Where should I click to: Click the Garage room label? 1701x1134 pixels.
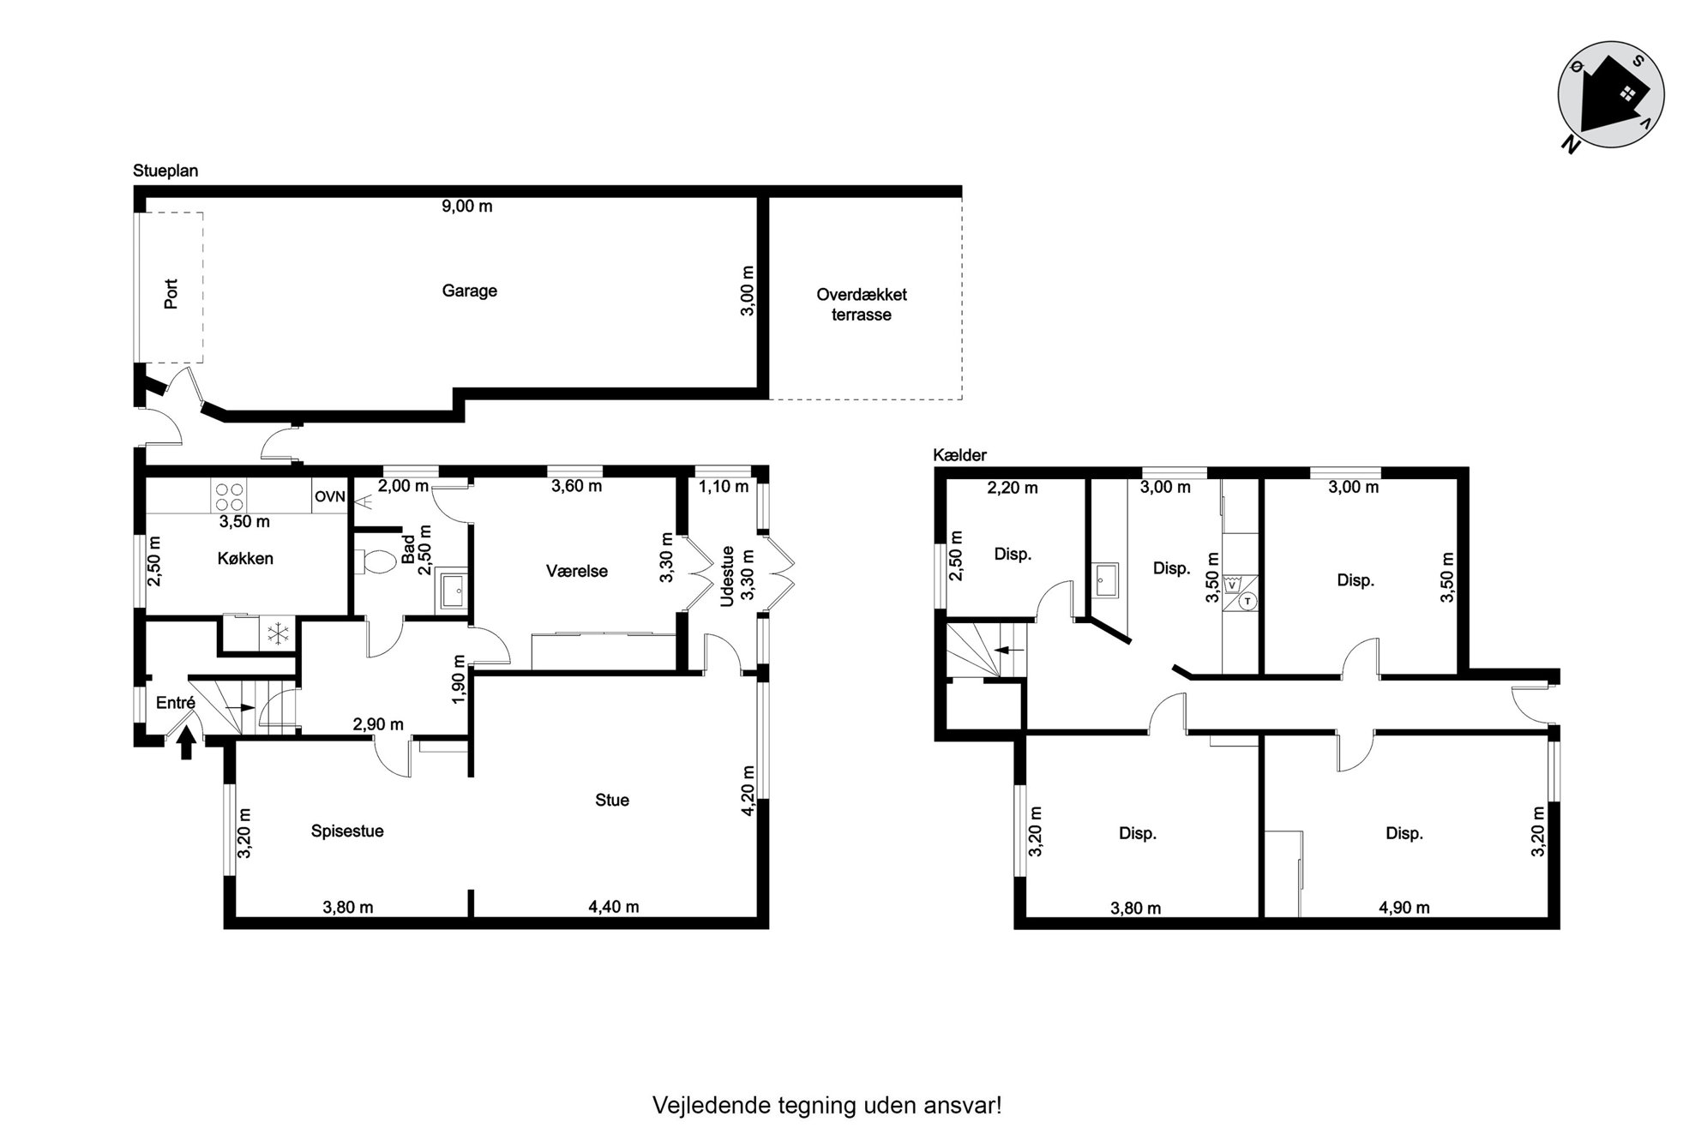pyautogui.click(x=469, y=291)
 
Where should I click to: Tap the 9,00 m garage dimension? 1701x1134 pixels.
pyautogui.click(x=466, y=207)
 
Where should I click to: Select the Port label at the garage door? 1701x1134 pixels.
pyautogui.click(x=171, y=294)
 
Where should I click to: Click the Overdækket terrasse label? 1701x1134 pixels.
pyautogui.click(x=861, y=304)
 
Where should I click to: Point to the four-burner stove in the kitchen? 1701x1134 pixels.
pyautogui.click(x=229, y=495)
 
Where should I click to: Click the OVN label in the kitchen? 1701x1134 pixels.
pyautogui.click(x=329, y=497)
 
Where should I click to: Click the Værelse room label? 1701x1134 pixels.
pyautogui.click(x=577, y=572)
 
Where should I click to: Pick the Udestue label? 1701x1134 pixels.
pyautogui.click(x=728, y=577)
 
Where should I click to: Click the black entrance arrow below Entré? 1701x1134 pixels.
pyautogui.click(x=185, y=747)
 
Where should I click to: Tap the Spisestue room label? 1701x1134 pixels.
pyautogui.click(x=347, y=831)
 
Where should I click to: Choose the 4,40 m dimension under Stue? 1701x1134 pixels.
pyautogui.click(x=614, y=907)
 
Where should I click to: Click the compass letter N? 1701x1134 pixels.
pyautogui.click(x=1571, y=145)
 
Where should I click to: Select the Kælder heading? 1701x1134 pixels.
pyautogui.click(x=959, y=456)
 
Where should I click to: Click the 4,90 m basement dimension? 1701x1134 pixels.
pyautogui.click(x=1403, y=908)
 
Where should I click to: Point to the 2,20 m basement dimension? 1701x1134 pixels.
pyautogui.click(x=1013, y=489)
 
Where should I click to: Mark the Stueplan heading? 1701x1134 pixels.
pyautogui.click(x=165, y=171)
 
